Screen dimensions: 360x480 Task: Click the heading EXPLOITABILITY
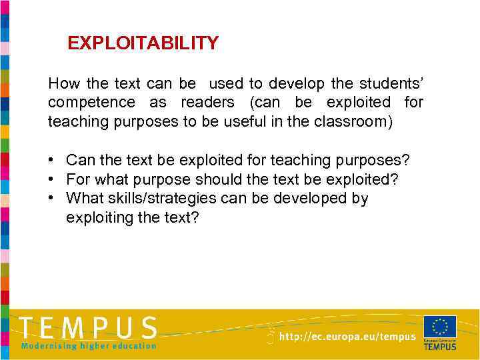point(143,44)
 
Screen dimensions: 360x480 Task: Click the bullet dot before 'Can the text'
point(51,161)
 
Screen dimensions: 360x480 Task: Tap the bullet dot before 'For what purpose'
point(51,180)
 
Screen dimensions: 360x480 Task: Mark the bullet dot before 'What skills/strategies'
point(51,199)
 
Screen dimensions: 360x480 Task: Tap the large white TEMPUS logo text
point(88,327)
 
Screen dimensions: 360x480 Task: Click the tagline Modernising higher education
point(88,346)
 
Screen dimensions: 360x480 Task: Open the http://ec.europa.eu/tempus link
point(347,337)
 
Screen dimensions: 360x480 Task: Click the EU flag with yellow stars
point(440,327)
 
